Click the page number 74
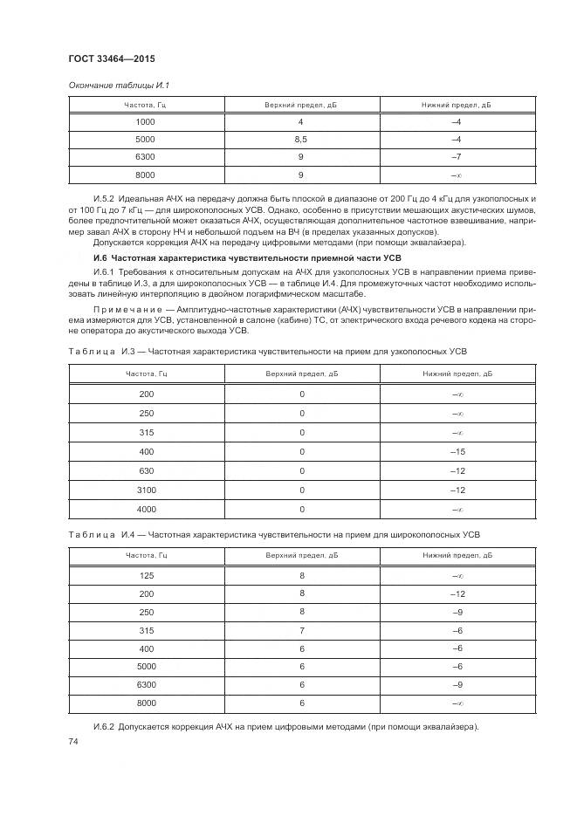72,741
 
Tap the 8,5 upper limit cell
301,140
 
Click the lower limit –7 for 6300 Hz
456,156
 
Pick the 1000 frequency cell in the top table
146,122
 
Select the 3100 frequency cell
146,490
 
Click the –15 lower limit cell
456,451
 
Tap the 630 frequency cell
146,470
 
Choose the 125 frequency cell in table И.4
146,575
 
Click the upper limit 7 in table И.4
301,629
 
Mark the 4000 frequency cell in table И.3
146,509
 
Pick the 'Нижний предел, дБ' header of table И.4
456,555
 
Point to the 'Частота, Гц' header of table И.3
146,374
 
